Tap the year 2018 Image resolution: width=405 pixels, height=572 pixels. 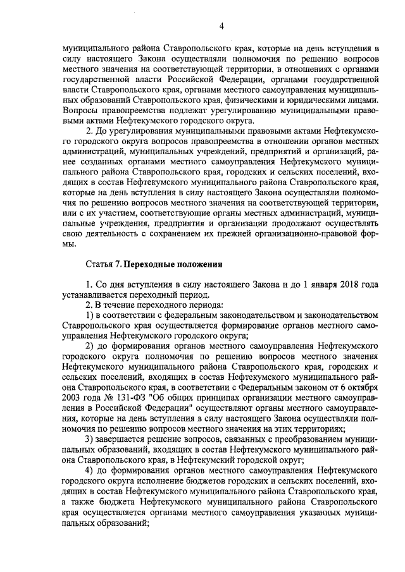(347, 285)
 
